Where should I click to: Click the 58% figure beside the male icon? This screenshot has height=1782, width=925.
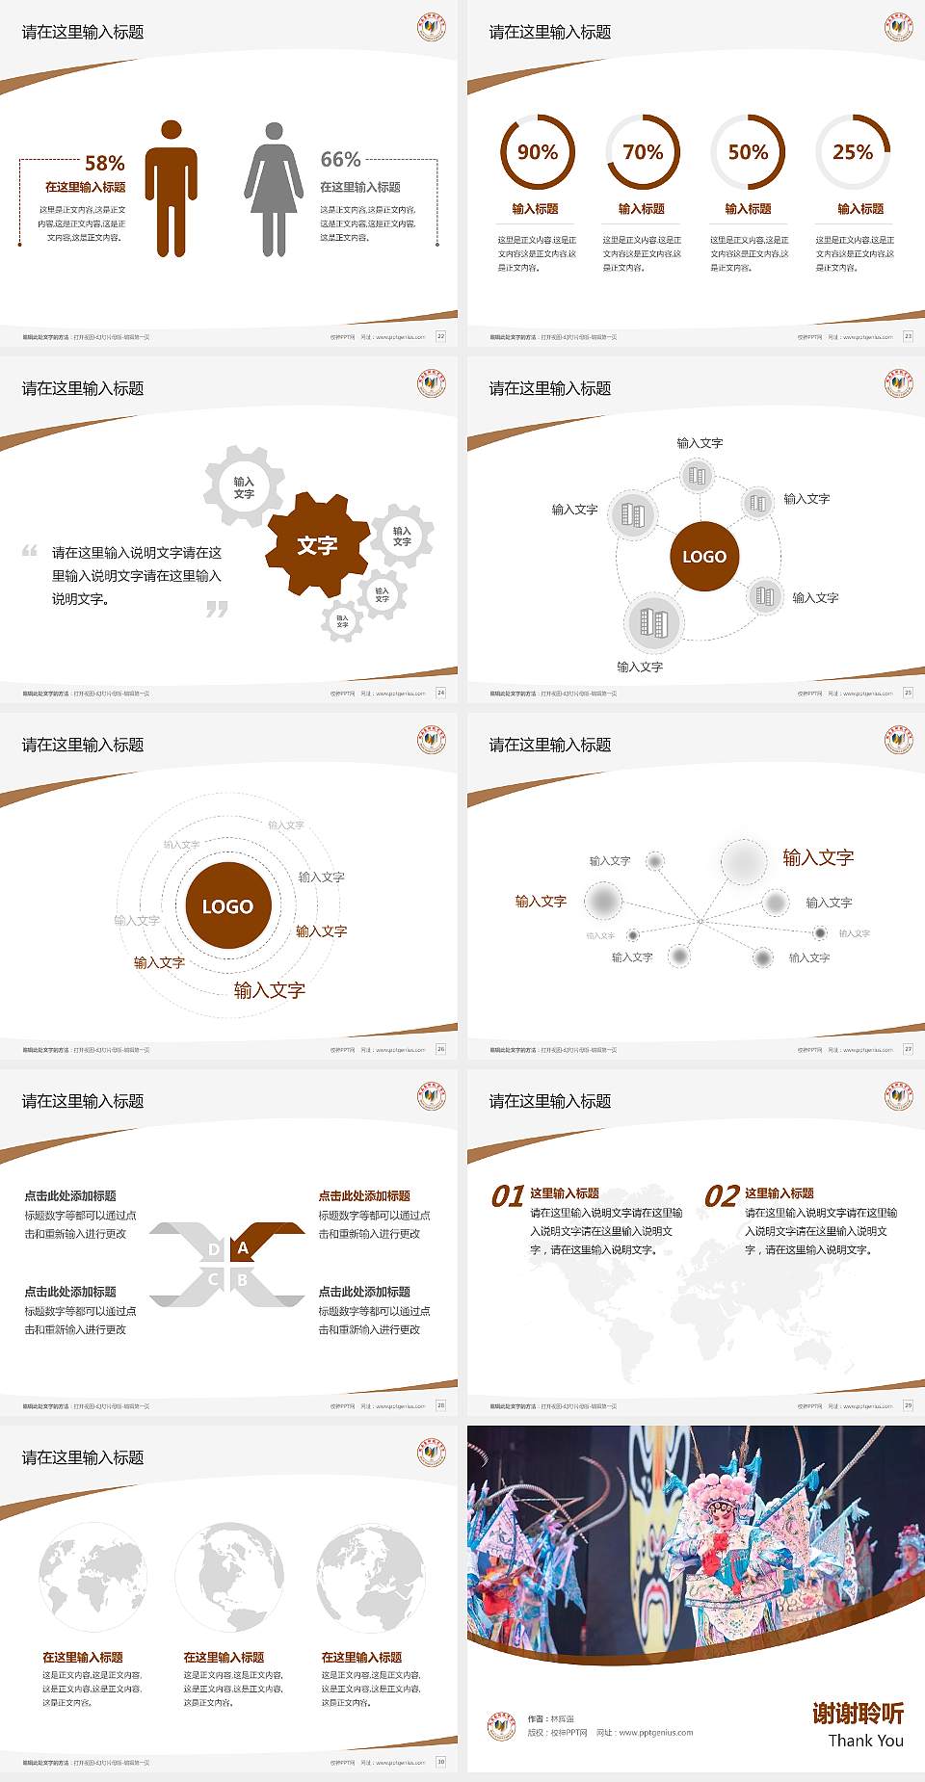click(104, 164)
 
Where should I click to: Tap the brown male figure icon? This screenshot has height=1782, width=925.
click(172, 190)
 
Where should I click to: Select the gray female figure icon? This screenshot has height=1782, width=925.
click(274, 191)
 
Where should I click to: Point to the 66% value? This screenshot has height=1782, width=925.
click(340, 160)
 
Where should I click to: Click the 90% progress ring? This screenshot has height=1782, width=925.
click(537, 152)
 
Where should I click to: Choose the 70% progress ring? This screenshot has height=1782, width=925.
click(643, 152)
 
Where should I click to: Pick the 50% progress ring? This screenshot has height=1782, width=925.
click(748, 152)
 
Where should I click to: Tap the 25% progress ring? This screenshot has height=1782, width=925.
click(853, 152)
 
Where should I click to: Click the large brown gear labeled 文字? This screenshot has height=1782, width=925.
click(318, 545)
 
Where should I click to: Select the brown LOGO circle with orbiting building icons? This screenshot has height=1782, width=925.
click(704, 557)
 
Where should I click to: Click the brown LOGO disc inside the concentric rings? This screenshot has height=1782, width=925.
click(227, 906)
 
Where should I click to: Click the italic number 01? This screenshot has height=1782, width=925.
click(508, 1196)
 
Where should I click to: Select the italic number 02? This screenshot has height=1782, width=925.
click(722, 1196)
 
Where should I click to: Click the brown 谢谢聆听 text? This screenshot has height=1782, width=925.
click(858, 1713)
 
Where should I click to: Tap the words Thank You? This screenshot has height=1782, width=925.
click(865, 1741)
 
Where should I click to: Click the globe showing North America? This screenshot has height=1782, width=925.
click(229, 1576)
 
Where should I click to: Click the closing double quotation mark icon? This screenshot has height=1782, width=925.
click(217, 609)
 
